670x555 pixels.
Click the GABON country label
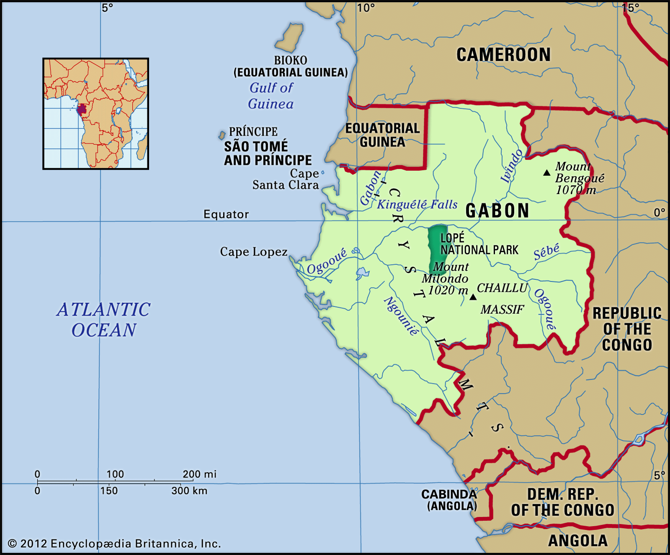(x=497, y=211)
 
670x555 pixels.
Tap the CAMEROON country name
(x=503, y=55)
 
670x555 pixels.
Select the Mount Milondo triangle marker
(x=473, y=297)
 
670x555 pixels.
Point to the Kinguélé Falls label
(x=417, y=205)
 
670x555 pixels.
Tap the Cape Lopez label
(x=254, y=252)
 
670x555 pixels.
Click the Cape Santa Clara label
(x=286, y=179)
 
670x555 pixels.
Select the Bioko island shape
(x=289, y=38)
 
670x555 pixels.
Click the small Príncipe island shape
(x=222, y=136)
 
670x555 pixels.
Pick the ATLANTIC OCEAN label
(x=103, y=320)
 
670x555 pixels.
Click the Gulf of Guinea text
(x=271, y=96)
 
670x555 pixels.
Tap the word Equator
(x=226, y=215)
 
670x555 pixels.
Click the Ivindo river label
(x=512, y=166)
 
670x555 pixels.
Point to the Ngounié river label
(x=401, y=316)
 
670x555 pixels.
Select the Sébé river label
(x=546, y=252)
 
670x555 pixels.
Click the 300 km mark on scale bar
(x=189, y=491)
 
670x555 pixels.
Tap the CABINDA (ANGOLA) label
(x=449, y=500)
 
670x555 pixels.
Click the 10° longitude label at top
(x=366, y=8)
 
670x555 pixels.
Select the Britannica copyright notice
(x=114, y=544)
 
